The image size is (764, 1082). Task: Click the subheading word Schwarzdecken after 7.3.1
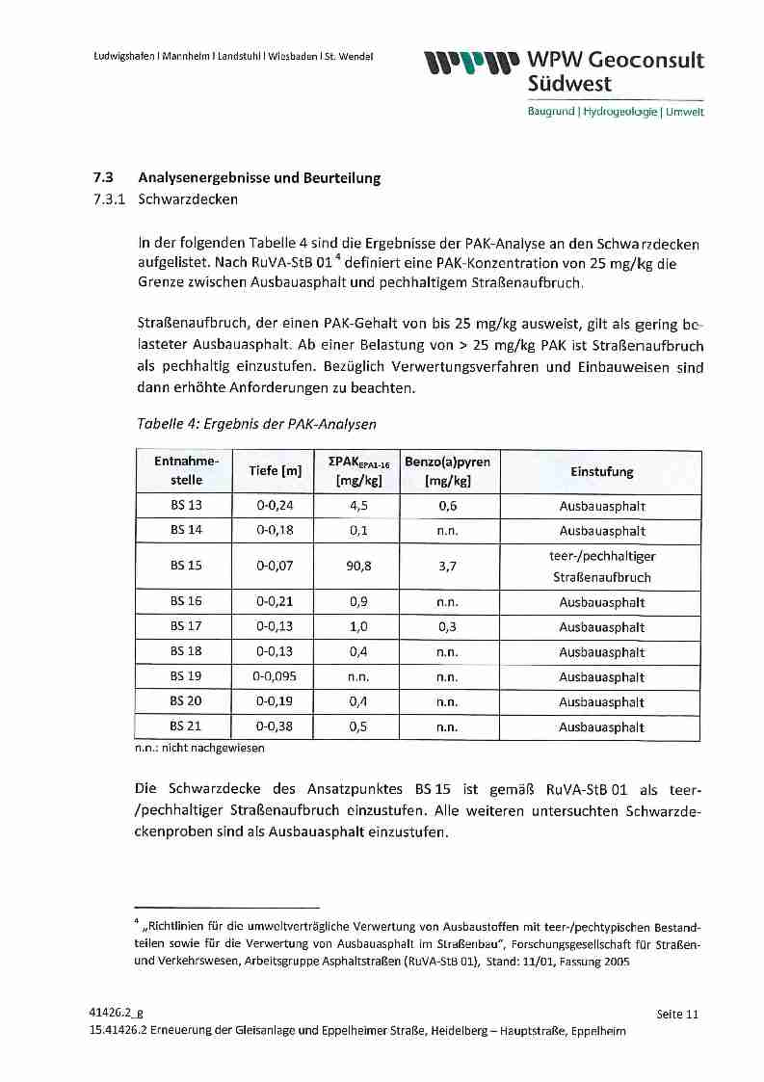pos(188,200)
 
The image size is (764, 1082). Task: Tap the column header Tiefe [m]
pos(276,471)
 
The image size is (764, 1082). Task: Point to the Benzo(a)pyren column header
pos(447,471)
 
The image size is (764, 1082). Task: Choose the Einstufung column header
pos(601,471)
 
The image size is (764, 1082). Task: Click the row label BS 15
pos(186,566)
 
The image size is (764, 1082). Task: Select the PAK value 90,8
pos(358,566)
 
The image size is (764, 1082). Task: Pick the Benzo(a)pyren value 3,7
pos(447,566)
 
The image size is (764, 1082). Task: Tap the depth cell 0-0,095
pos(276,677)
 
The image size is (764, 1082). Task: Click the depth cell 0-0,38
pos(276,727)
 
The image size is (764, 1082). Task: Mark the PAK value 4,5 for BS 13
pos(358,506)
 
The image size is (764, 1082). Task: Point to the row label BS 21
pos(186,727)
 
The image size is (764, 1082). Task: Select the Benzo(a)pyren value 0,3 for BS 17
pos(447,627)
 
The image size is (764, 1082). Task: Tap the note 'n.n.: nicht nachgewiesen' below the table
pos(199,747)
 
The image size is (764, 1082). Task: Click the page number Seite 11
pos(676,1014)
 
